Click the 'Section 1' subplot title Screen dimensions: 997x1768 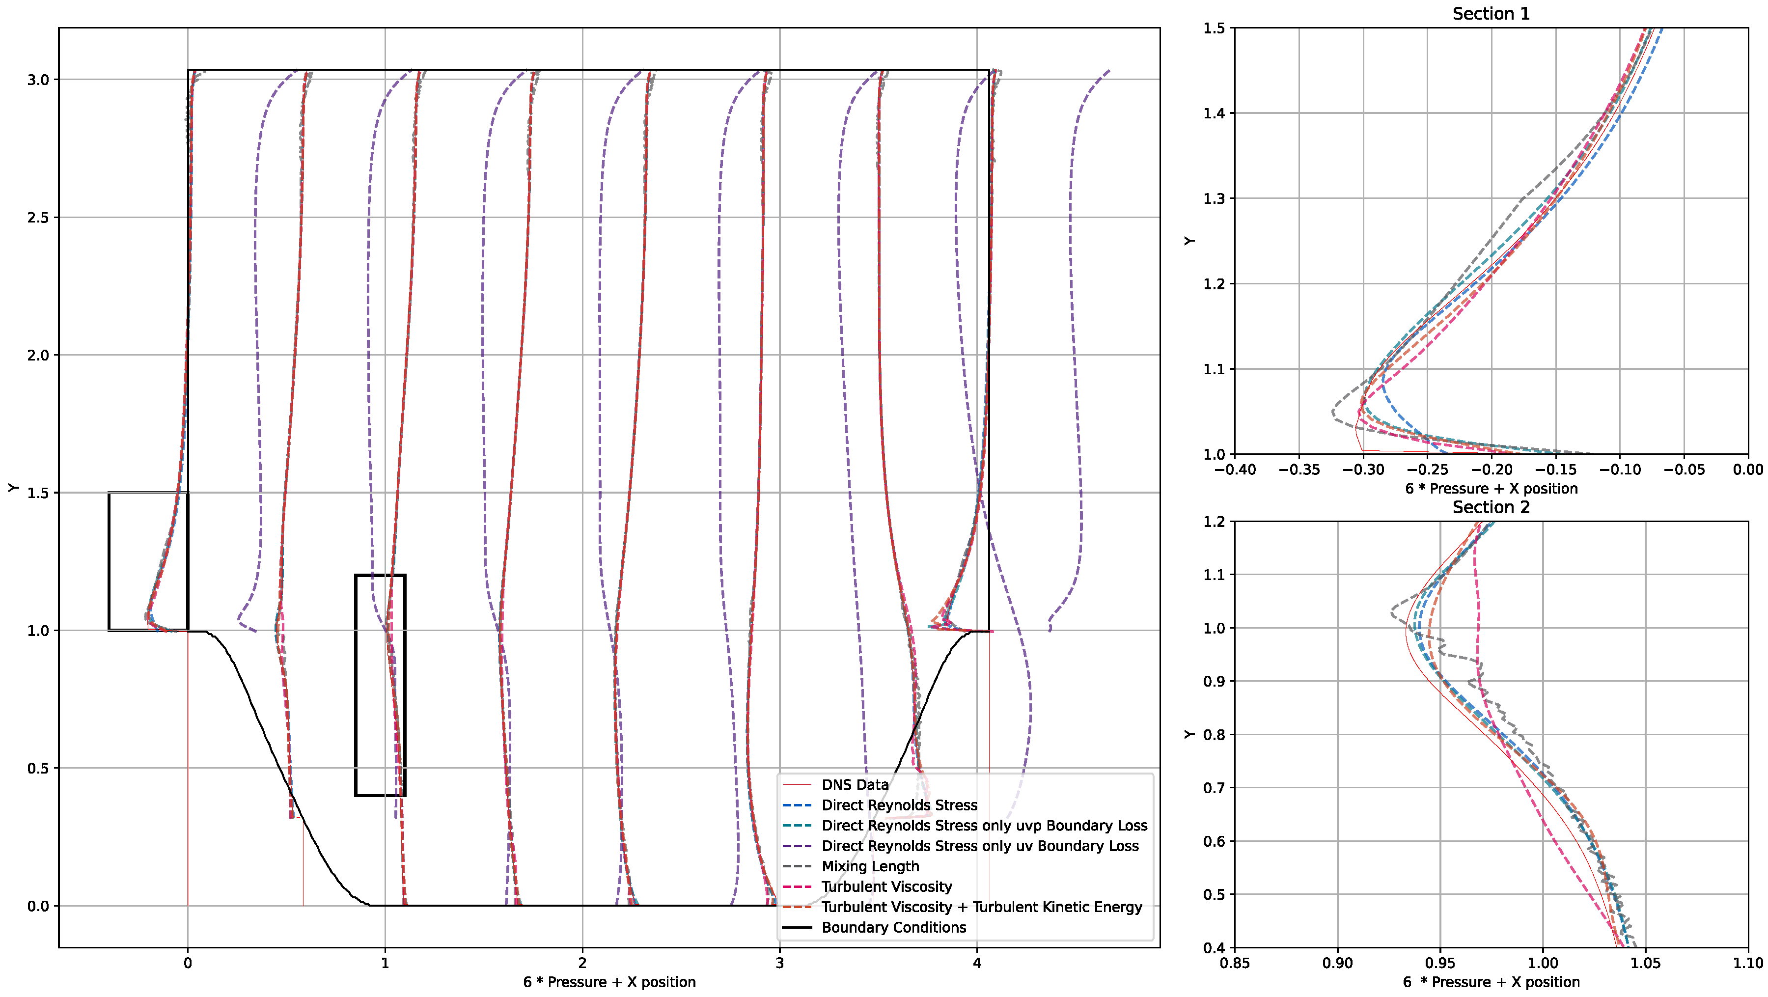click(x=1491, y=14)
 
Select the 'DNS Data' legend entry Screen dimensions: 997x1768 click(x=855, y=784)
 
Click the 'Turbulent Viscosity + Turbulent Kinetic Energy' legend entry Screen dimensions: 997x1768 click(x=981, y=907)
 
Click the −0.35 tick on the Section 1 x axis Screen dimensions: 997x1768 click(x=1298, y=470)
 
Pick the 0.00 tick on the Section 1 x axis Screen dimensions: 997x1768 click(x=1747, y=470)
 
